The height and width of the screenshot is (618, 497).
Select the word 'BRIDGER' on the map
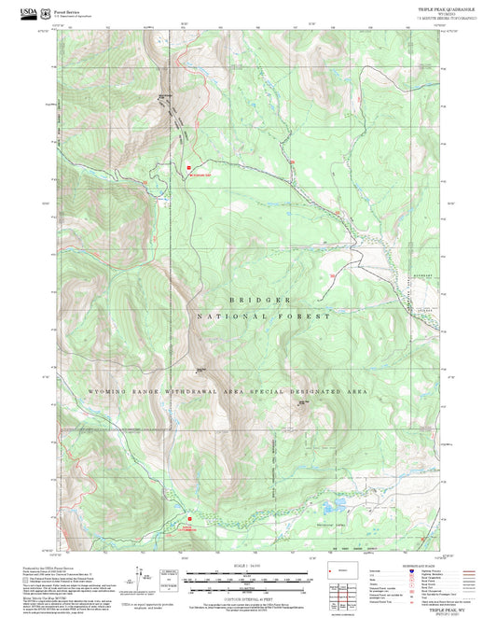tap(259, 300)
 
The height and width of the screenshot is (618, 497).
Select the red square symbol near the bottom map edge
tap(190, 515)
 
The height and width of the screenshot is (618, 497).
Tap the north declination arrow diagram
tap(149, 579)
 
